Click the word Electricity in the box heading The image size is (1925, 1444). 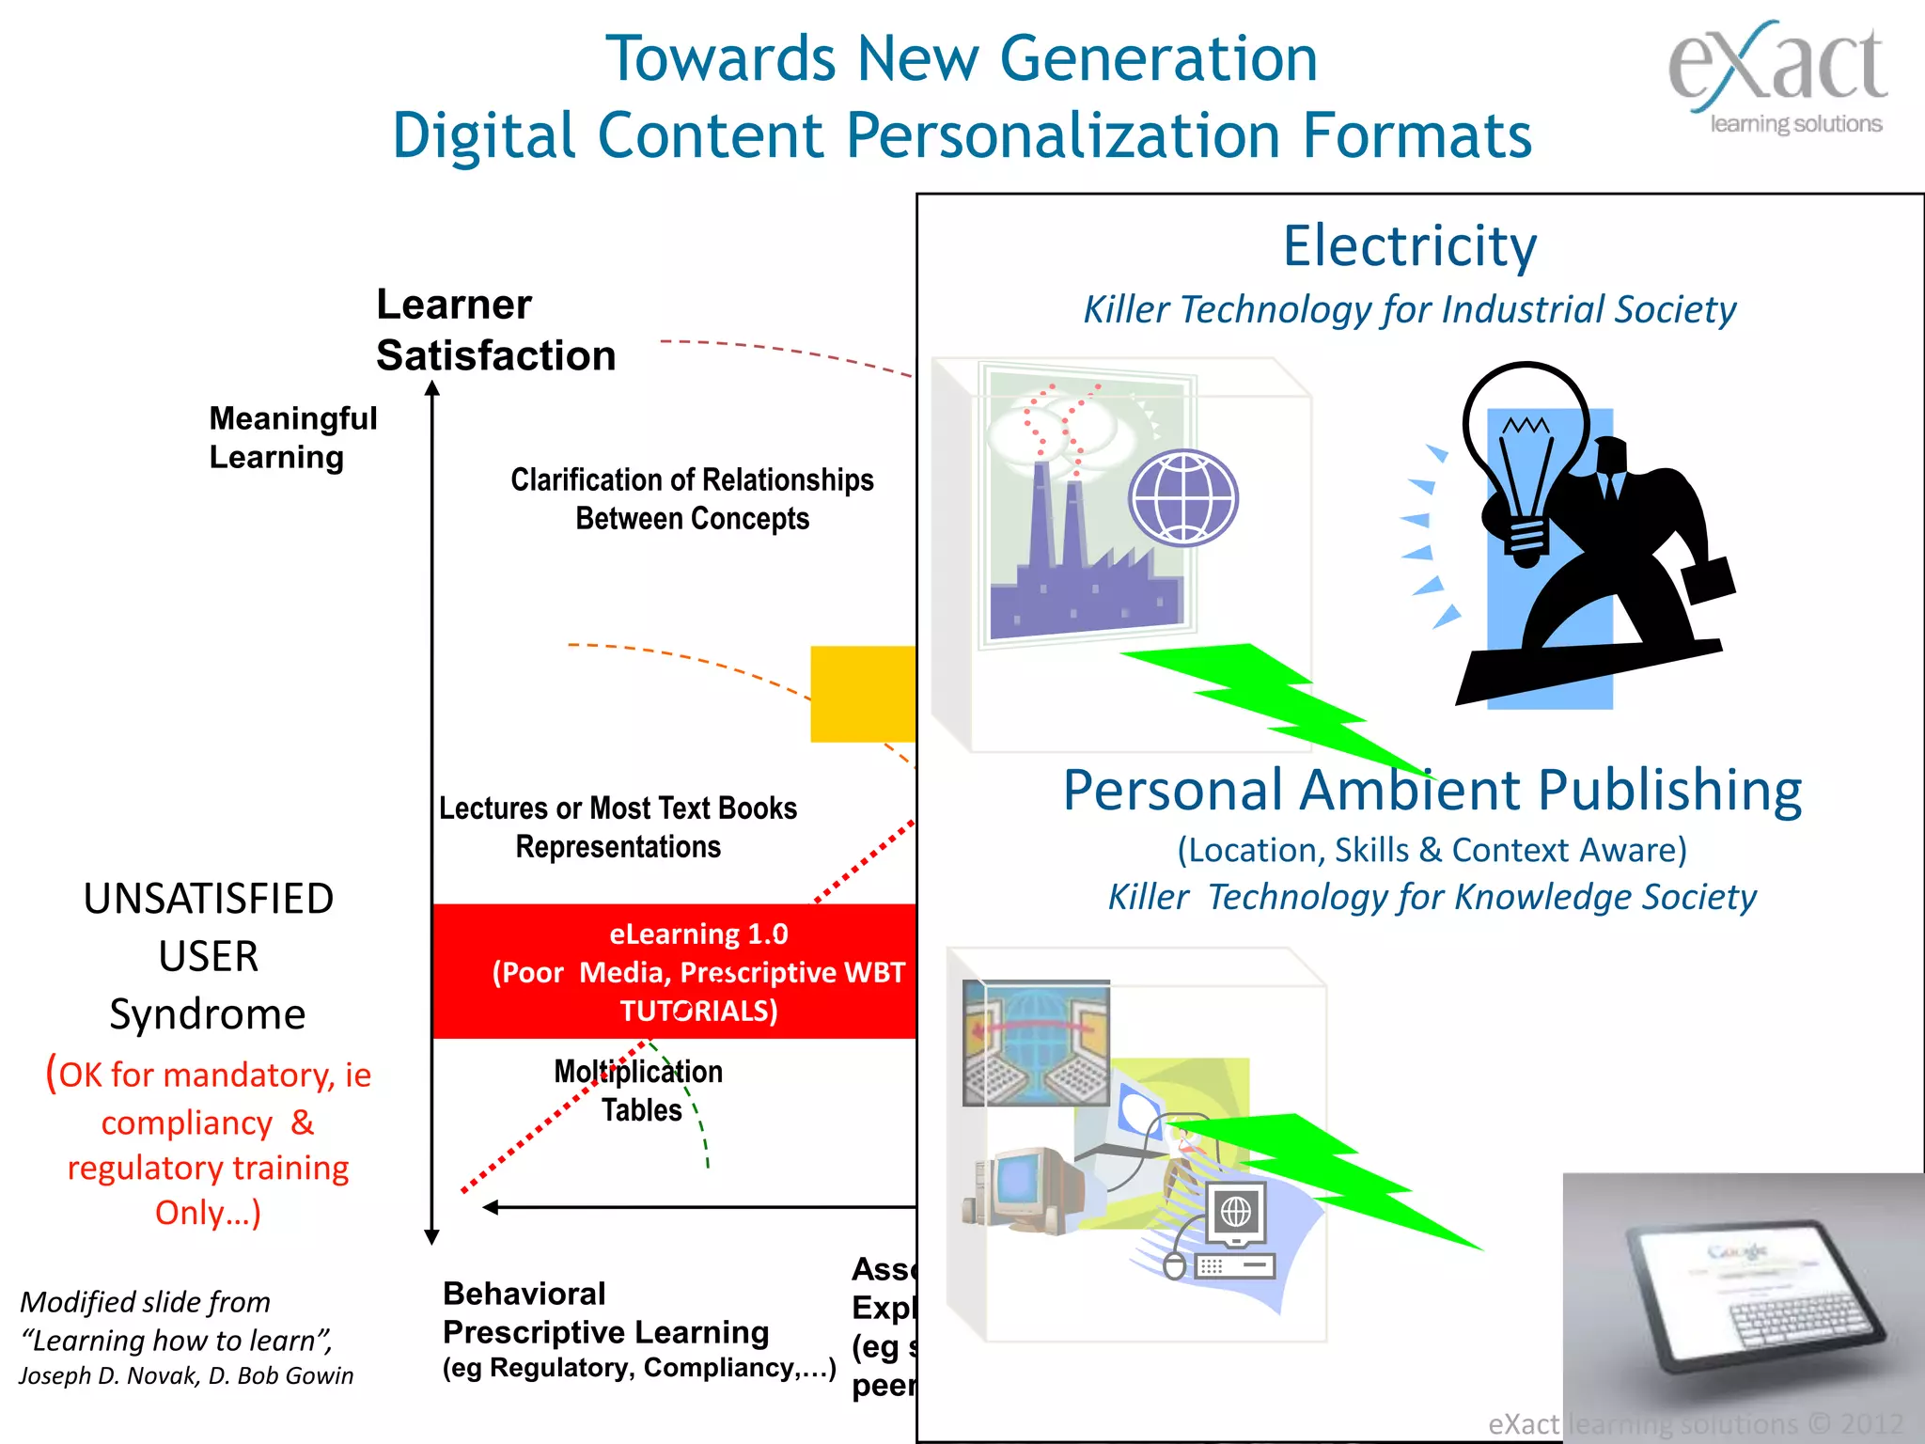[1410, 246]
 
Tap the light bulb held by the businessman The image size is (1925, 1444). [1524, 451]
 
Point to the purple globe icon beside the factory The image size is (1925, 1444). [1183, 498]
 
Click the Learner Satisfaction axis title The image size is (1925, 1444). [495, 330]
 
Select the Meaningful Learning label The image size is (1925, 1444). [292, 437]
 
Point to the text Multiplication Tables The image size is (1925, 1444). [639, 1091]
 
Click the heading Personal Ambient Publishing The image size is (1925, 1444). [1432, 790]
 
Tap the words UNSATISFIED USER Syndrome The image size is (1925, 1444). [208, 956]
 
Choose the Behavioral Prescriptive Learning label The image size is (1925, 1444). [605, 1313]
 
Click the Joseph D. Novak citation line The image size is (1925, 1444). [186, 1375]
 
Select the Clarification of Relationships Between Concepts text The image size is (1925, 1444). [692, 499]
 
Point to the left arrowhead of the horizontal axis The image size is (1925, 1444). [490, 1207]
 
